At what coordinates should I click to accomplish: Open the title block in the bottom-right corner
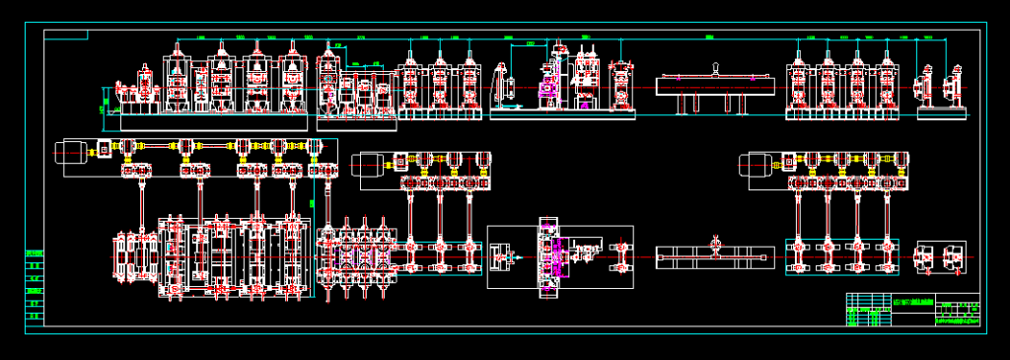click(x=912, y=310)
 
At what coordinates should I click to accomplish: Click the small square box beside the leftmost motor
click(x=102, y=150)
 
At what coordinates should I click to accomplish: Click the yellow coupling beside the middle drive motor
click(x=401, y=158)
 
